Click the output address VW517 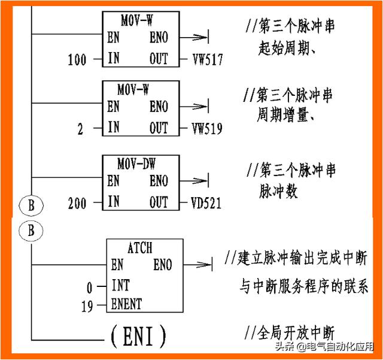click(206, 59)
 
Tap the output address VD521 click(206, 204)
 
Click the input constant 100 click(77, 60)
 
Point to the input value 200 click(77, 204)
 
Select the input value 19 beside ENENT click(87, 307)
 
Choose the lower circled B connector click(31, 230)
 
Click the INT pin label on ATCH click(120, 286)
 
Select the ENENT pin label click(127, 305)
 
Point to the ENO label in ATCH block click(162, 265)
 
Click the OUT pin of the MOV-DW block click(159, 202)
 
